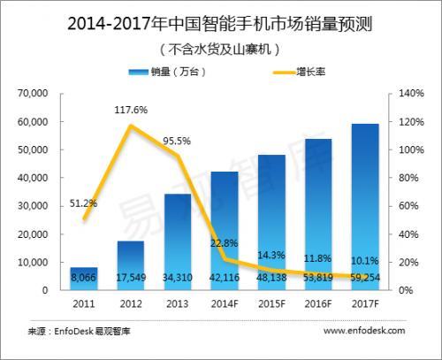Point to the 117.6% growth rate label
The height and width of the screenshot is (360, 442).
[x=129, y=111]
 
